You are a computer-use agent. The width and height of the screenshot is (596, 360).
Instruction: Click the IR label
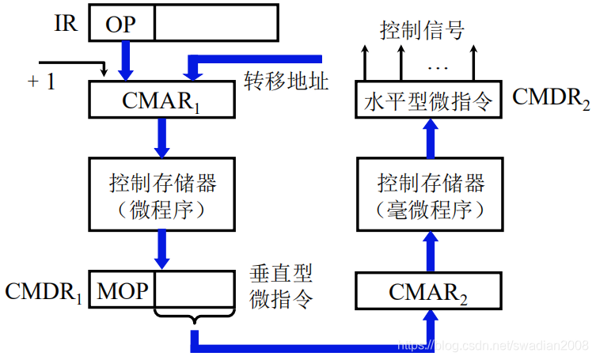coord(66,23)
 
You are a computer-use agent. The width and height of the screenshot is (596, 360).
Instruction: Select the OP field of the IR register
coord(121,24)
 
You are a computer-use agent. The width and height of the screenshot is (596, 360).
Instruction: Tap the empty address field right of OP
coord(215,23)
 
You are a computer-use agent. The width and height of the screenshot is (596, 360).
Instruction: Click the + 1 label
coord(41,81)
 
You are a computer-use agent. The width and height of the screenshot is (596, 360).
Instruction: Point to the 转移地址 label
coord(286,81)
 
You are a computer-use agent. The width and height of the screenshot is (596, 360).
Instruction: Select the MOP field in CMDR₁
coord(123,291)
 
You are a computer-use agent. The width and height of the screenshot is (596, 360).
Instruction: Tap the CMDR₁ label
coord(44,291)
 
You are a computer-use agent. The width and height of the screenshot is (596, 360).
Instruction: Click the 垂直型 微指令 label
coord(281,286)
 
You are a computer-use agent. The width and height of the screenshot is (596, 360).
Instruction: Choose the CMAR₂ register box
coord(430,292)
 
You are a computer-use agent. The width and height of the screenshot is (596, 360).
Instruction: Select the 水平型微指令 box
coord(428,100)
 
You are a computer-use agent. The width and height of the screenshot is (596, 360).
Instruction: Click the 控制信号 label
coord(421,31)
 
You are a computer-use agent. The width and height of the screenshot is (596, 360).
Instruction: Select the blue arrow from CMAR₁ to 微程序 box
coord(162,136)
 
